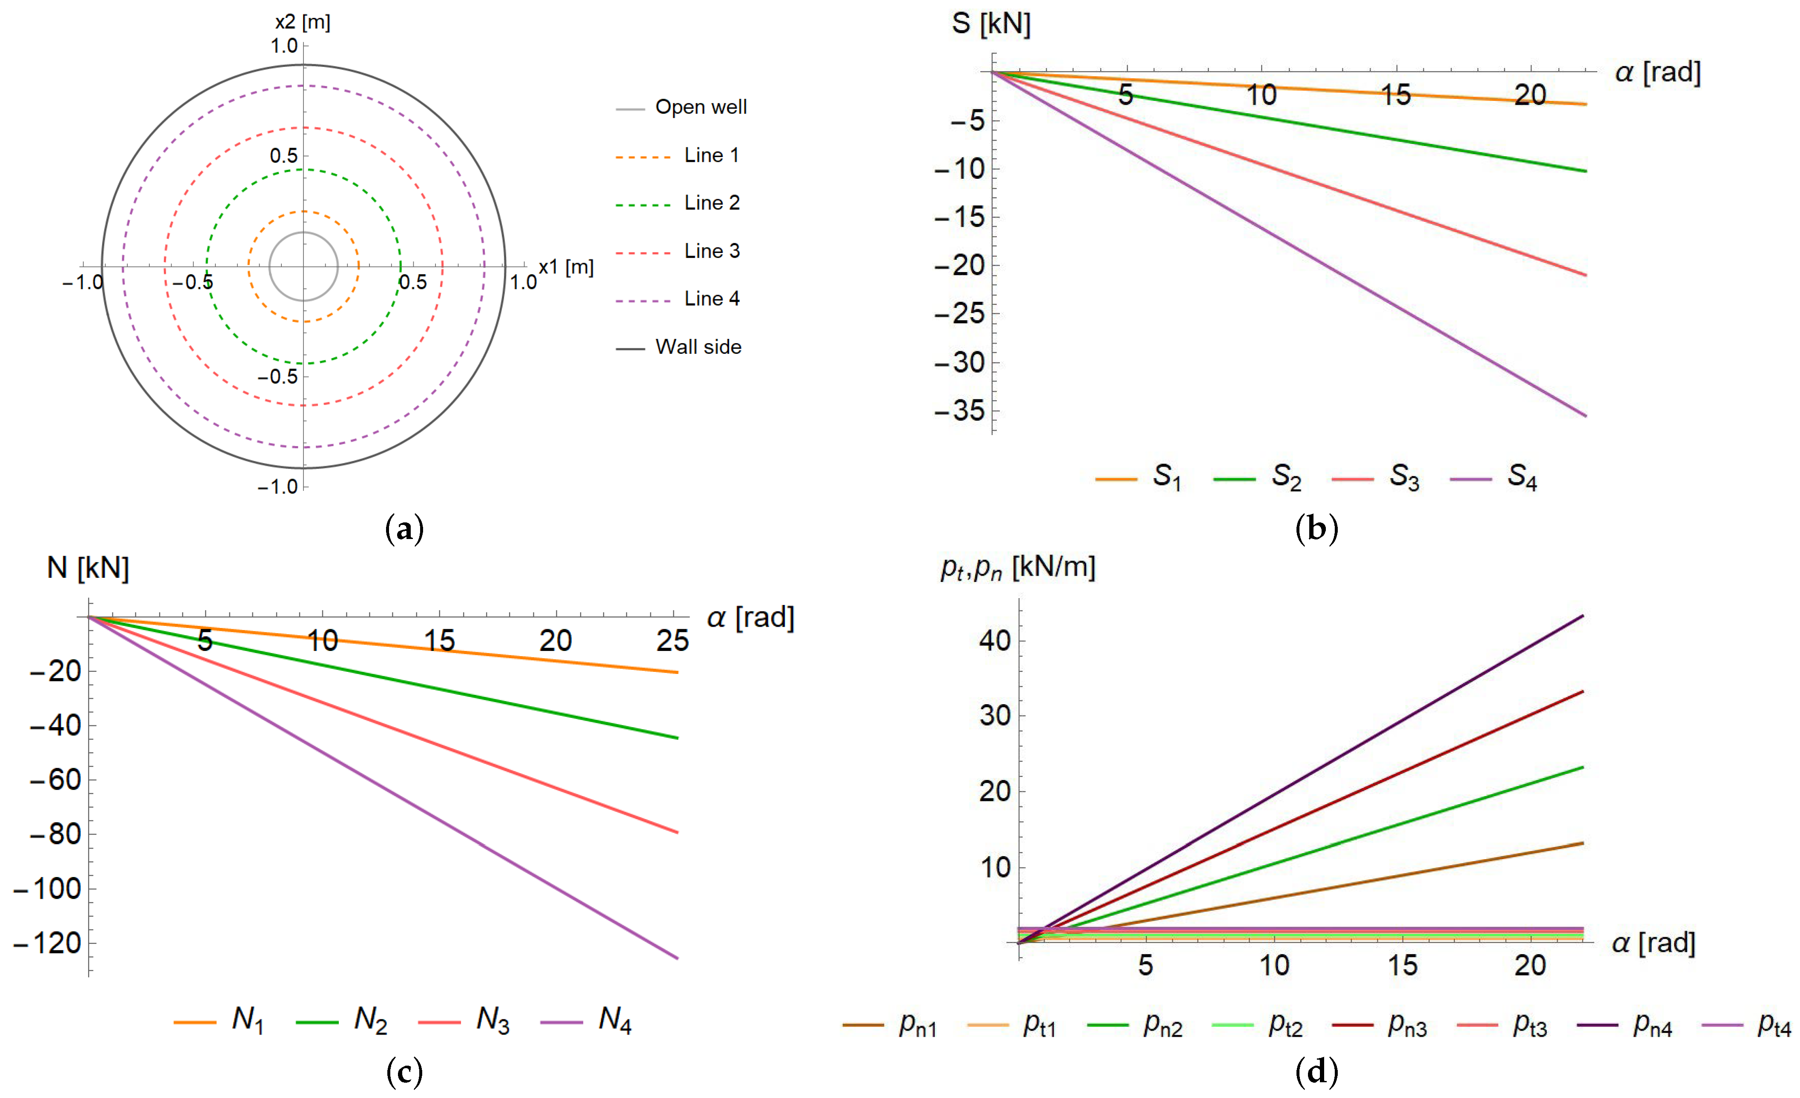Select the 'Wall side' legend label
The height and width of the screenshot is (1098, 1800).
click(x=698, y=347)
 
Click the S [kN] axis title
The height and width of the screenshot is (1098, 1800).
click(x=990, y=24)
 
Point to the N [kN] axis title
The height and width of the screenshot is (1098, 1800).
click(x=88, y=568)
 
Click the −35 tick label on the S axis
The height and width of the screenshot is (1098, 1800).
click(x=960, y=411)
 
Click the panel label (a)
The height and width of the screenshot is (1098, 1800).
click(x=404, y=528)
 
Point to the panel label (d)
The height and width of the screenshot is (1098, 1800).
click(x=1316, y=1072)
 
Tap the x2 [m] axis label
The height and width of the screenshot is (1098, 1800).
click(x=303, y=22)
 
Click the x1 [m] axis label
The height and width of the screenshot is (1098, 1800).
click(x=566, y=267)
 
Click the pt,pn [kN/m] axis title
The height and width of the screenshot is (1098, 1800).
click(x=1018, y=568)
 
